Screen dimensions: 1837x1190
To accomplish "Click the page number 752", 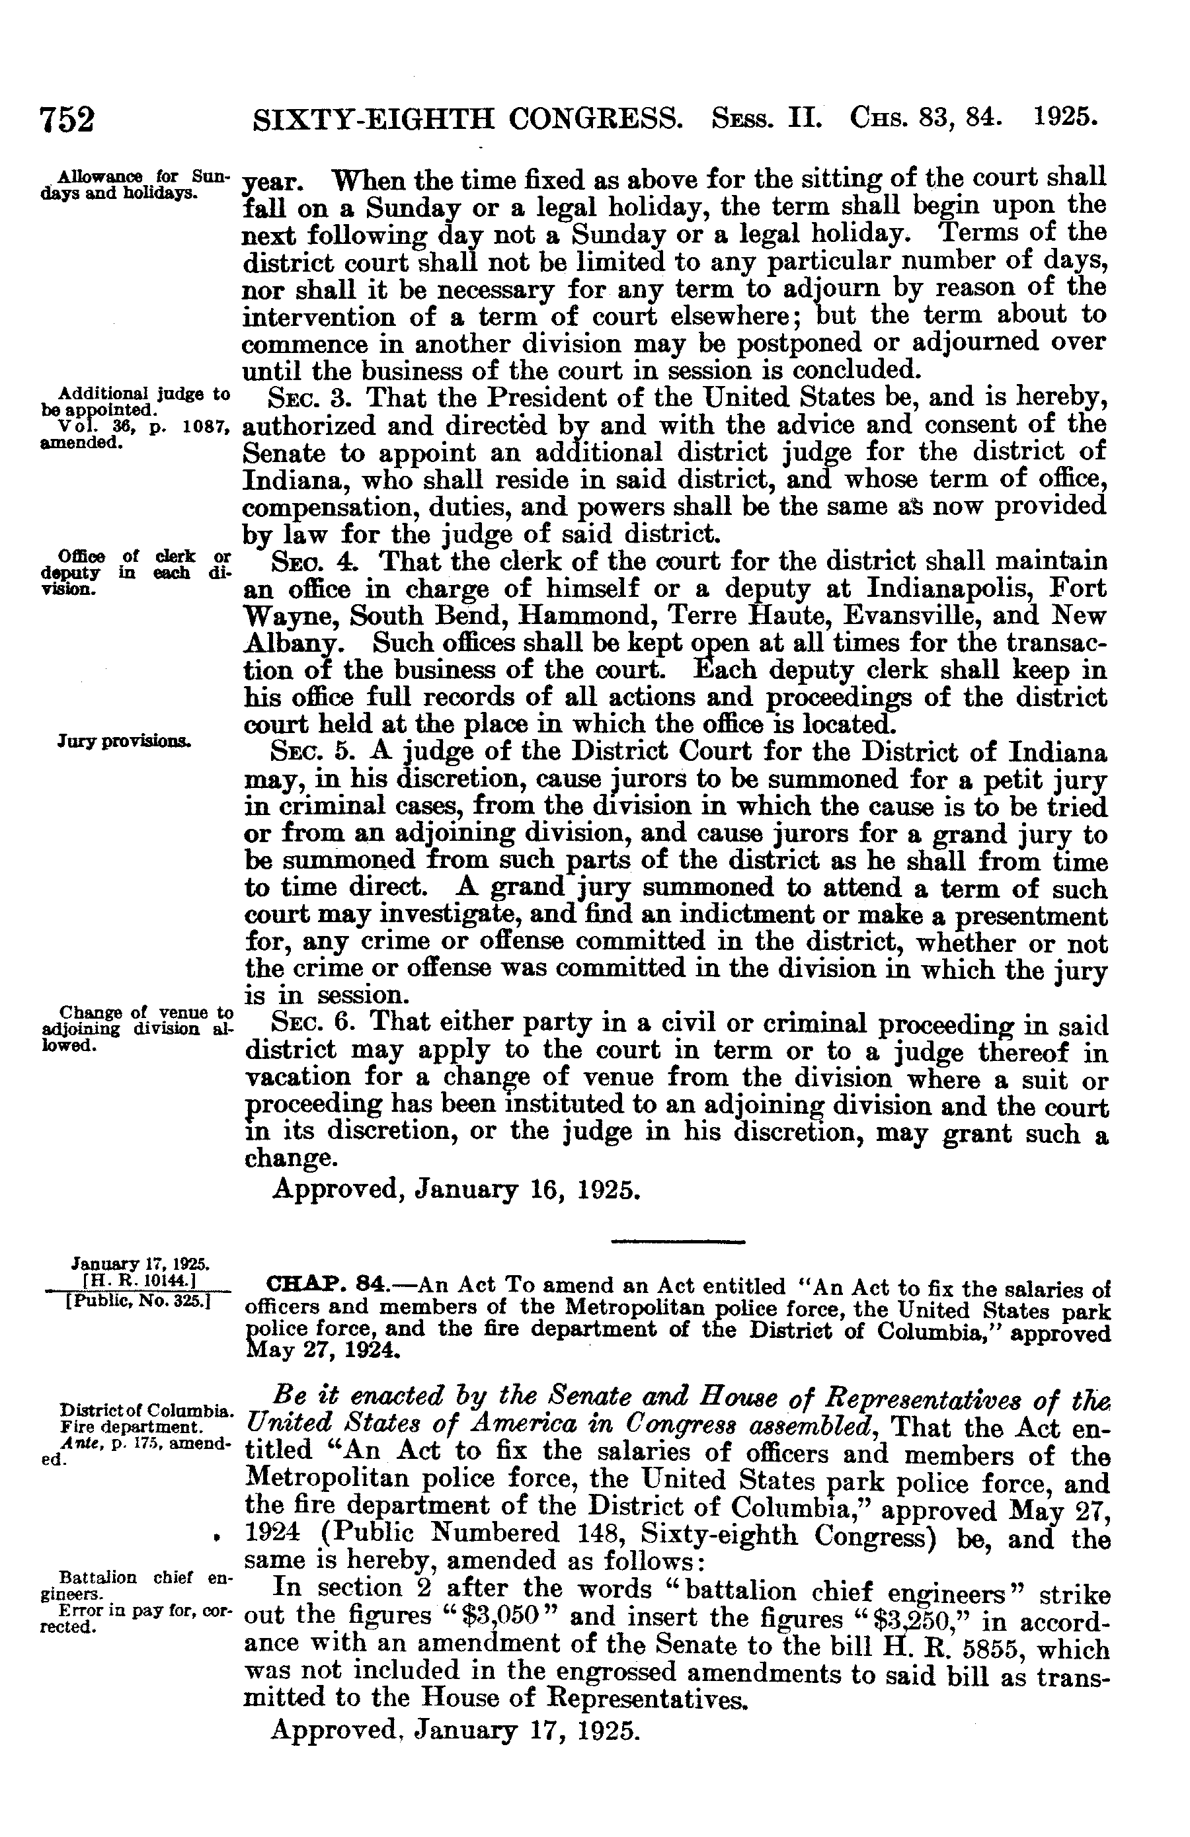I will click(67, 120).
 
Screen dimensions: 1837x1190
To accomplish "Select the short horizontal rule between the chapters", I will click(677, 1241).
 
